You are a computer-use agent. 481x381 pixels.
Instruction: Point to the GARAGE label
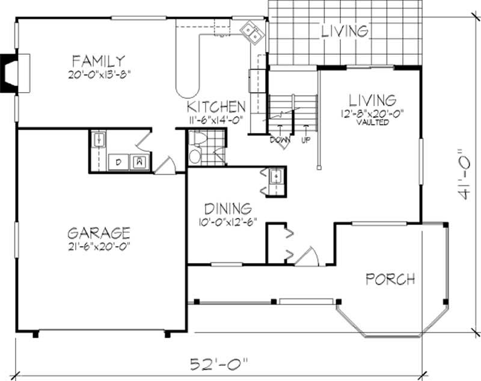pyautogui.click(x=99, y=232)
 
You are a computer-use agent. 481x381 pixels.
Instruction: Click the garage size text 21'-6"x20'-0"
pyautogui.click(x=99, y=247)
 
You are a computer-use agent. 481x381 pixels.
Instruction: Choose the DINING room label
pyautogui.click(x=227, y=209)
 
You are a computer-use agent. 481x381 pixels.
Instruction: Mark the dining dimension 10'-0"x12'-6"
pyautogui.click(x=227, y=221)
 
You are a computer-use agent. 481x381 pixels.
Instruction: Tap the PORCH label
pyautogui.click(x=391, y=279)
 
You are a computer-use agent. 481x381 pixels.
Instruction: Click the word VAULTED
pyautogui.click(x=370, y=122)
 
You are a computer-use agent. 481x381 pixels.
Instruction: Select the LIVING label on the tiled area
pyautogui.click(x=344, y=31)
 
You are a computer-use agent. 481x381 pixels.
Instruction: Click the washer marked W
pyautogui.click(x=139, y=161)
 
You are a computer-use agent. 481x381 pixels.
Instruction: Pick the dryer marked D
pyautogui.click(x=118, y=161)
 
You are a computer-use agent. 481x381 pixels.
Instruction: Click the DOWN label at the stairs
pyautogui.click(x=280, y=140)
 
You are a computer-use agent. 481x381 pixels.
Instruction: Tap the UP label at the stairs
pyautogui.click(x=306, y=140)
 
